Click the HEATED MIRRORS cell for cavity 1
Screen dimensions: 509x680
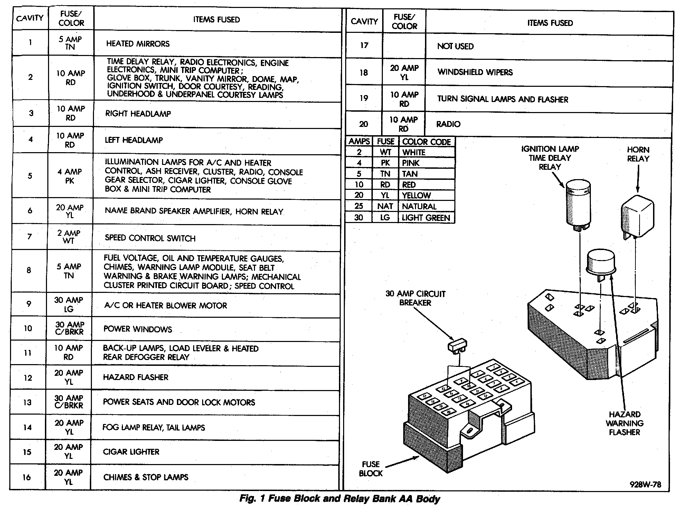[x=138, y=44]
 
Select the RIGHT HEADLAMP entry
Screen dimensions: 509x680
[x=138, y=114]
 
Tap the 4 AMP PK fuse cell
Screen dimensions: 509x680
[x=69, y=176]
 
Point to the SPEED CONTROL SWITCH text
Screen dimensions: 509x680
[x=150, y=238]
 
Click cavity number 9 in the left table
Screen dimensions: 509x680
[x=29, y=304]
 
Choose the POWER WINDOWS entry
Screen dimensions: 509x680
[x=138, y=329]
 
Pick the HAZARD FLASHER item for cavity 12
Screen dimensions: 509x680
[x=135, y=377]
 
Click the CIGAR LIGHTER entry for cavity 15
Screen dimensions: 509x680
[x=131, y=452]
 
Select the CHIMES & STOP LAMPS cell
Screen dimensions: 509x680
[x=145, y=478]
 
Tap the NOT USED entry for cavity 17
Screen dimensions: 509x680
[x=455, y=46]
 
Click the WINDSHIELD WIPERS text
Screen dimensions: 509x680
[x=475, y=72]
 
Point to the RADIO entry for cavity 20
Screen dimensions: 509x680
[x=448, y=124]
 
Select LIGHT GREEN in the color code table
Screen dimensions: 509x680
[x=426, y=218]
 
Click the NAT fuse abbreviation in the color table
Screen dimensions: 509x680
[x=385, y=206]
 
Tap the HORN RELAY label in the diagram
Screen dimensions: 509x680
[x=638, y=154]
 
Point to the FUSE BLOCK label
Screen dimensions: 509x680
[x=370, y=469]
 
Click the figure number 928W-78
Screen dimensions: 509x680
[x=645, y=485]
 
